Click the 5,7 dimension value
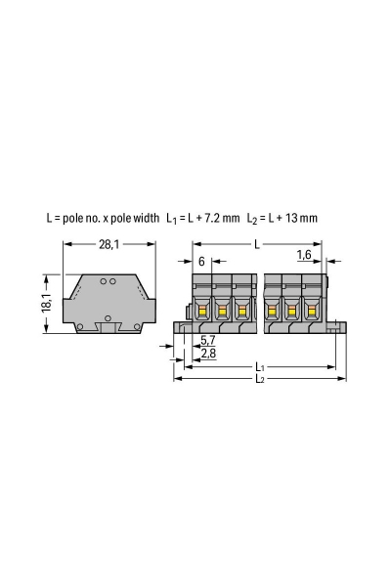coord(207,340)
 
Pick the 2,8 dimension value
coord(207,353)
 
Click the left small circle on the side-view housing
coord(103,281)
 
